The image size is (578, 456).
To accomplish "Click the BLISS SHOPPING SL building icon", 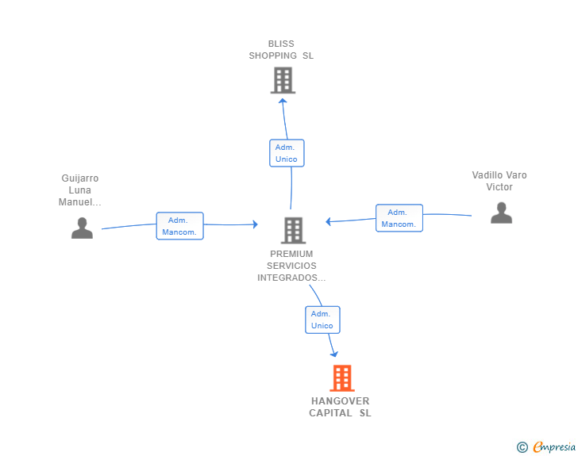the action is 283,80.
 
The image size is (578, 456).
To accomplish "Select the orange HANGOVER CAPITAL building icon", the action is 342,378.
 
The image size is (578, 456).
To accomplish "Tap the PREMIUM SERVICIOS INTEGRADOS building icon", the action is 294,231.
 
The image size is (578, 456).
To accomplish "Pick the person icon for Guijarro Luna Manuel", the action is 82,228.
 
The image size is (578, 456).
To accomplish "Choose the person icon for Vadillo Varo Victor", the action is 501,213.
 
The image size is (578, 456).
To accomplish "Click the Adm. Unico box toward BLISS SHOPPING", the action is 287,153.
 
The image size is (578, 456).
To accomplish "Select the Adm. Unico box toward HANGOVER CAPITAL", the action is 322,320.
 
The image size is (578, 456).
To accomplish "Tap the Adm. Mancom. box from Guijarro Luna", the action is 180,226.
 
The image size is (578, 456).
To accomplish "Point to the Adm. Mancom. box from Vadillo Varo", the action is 399,218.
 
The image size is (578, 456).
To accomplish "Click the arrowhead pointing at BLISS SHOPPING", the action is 283,101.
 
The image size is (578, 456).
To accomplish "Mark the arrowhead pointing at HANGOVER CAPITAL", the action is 334,354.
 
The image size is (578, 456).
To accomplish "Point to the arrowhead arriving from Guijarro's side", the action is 255,224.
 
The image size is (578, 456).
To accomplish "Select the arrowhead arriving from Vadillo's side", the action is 328,221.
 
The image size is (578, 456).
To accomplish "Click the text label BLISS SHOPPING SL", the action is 281,50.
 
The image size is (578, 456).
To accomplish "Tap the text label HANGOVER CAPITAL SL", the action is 340,407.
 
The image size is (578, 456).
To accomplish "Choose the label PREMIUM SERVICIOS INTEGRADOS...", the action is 291,266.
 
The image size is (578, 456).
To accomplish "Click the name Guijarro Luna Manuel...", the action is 79,190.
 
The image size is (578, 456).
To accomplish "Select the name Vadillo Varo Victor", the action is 499,181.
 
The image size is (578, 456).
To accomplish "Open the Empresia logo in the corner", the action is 554,446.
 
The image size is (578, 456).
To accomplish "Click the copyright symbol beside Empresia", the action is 522,447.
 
